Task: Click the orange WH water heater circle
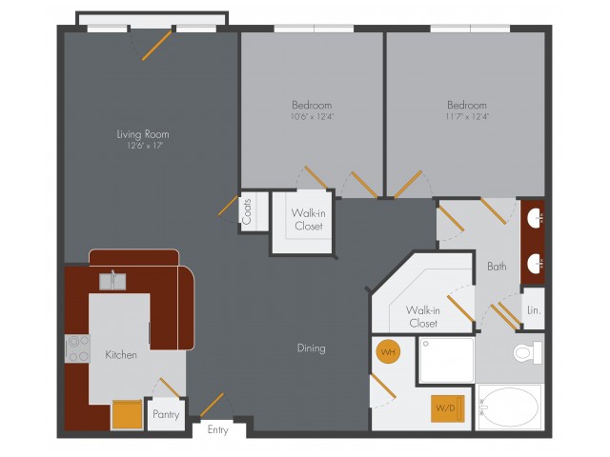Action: [388, 352]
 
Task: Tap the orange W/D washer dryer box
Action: [448, 408]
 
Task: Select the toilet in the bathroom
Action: [527, 353]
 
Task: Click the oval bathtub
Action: [509, 407]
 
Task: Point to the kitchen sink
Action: [112, 281]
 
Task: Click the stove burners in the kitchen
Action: [78, 348]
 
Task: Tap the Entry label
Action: [218, 429]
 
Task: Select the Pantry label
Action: [166, 415]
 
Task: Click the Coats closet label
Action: [247, 211]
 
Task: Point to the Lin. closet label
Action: [534, 310]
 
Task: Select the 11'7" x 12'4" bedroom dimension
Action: [467, 116]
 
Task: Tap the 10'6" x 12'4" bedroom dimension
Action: [312, 116]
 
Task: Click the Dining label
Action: [312, 348]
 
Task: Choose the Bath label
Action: [497, 267]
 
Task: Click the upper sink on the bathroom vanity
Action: [536, 218]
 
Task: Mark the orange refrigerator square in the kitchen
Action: [127, 414]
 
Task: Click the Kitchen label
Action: [121, 355]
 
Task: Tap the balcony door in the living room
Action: [156, 46]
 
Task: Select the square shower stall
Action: [447, 360]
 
